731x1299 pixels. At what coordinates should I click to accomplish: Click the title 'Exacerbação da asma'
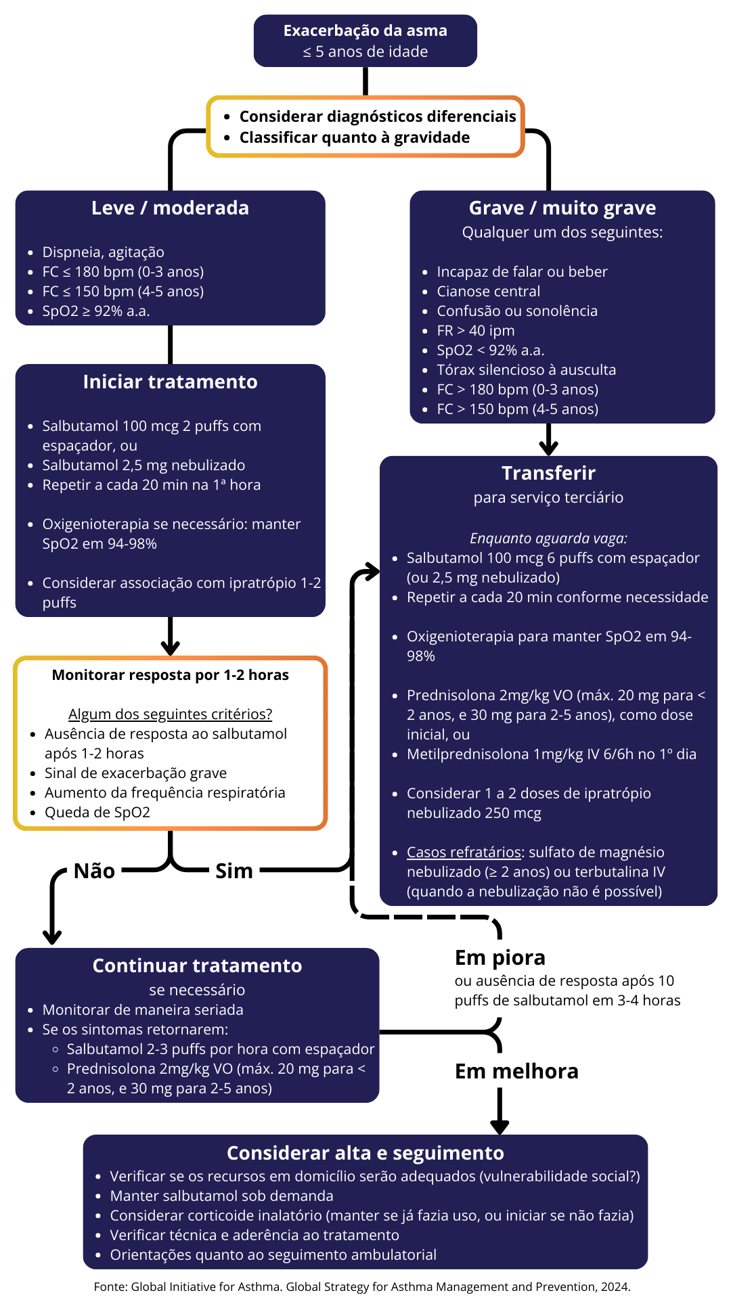coord(365,30)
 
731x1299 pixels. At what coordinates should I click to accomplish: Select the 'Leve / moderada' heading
coord(170,208)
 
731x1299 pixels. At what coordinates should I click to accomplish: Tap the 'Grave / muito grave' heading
coord(562,208)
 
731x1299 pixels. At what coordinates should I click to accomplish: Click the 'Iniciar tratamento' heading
coord(170,382)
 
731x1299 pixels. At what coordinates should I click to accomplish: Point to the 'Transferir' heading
coord(548,473)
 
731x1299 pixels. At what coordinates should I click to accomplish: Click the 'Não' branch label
coord(94,871)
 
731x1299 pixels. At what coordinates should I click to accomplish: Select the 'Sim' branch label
coord(234,871)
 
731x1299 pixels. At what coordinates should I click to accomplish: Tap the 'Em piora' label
coord(500,957)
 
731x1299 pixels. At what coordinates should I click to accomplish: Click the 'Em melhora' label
coord(516,1071)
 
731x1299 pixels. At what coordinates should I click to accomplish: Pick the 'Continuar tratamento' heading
coord(197,965)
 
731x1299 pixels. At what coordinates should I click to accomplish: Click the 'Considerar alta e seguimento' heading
coord(365,1153)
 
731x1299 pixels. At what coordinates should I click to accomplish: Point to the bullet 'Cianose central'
coord(488,292)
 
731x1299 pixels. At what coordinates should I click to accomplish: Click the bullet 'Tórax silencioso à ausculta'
coord(526,370)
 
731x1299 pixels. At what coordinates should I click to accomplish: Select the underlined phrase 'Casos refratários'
coord(464,852)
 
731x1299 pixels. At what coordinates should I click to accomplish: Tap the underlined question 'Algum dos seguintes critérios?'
coord(170,714)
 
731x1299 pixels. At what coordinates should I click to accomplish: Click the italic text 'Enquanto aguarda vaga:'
coord(548,539)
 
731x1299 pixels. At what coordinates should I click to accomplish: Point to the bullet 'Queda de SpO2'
coord(97,813)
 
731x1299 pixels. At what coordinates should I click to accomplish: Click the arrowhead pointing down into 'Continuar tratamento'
coord(52,937)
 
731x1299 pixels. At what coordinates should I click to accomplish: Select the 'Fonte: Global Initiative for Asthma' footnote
coord(362,1287)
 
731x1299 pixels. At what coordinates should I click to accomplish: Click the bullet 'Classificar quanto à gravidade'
coord(354,137)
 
